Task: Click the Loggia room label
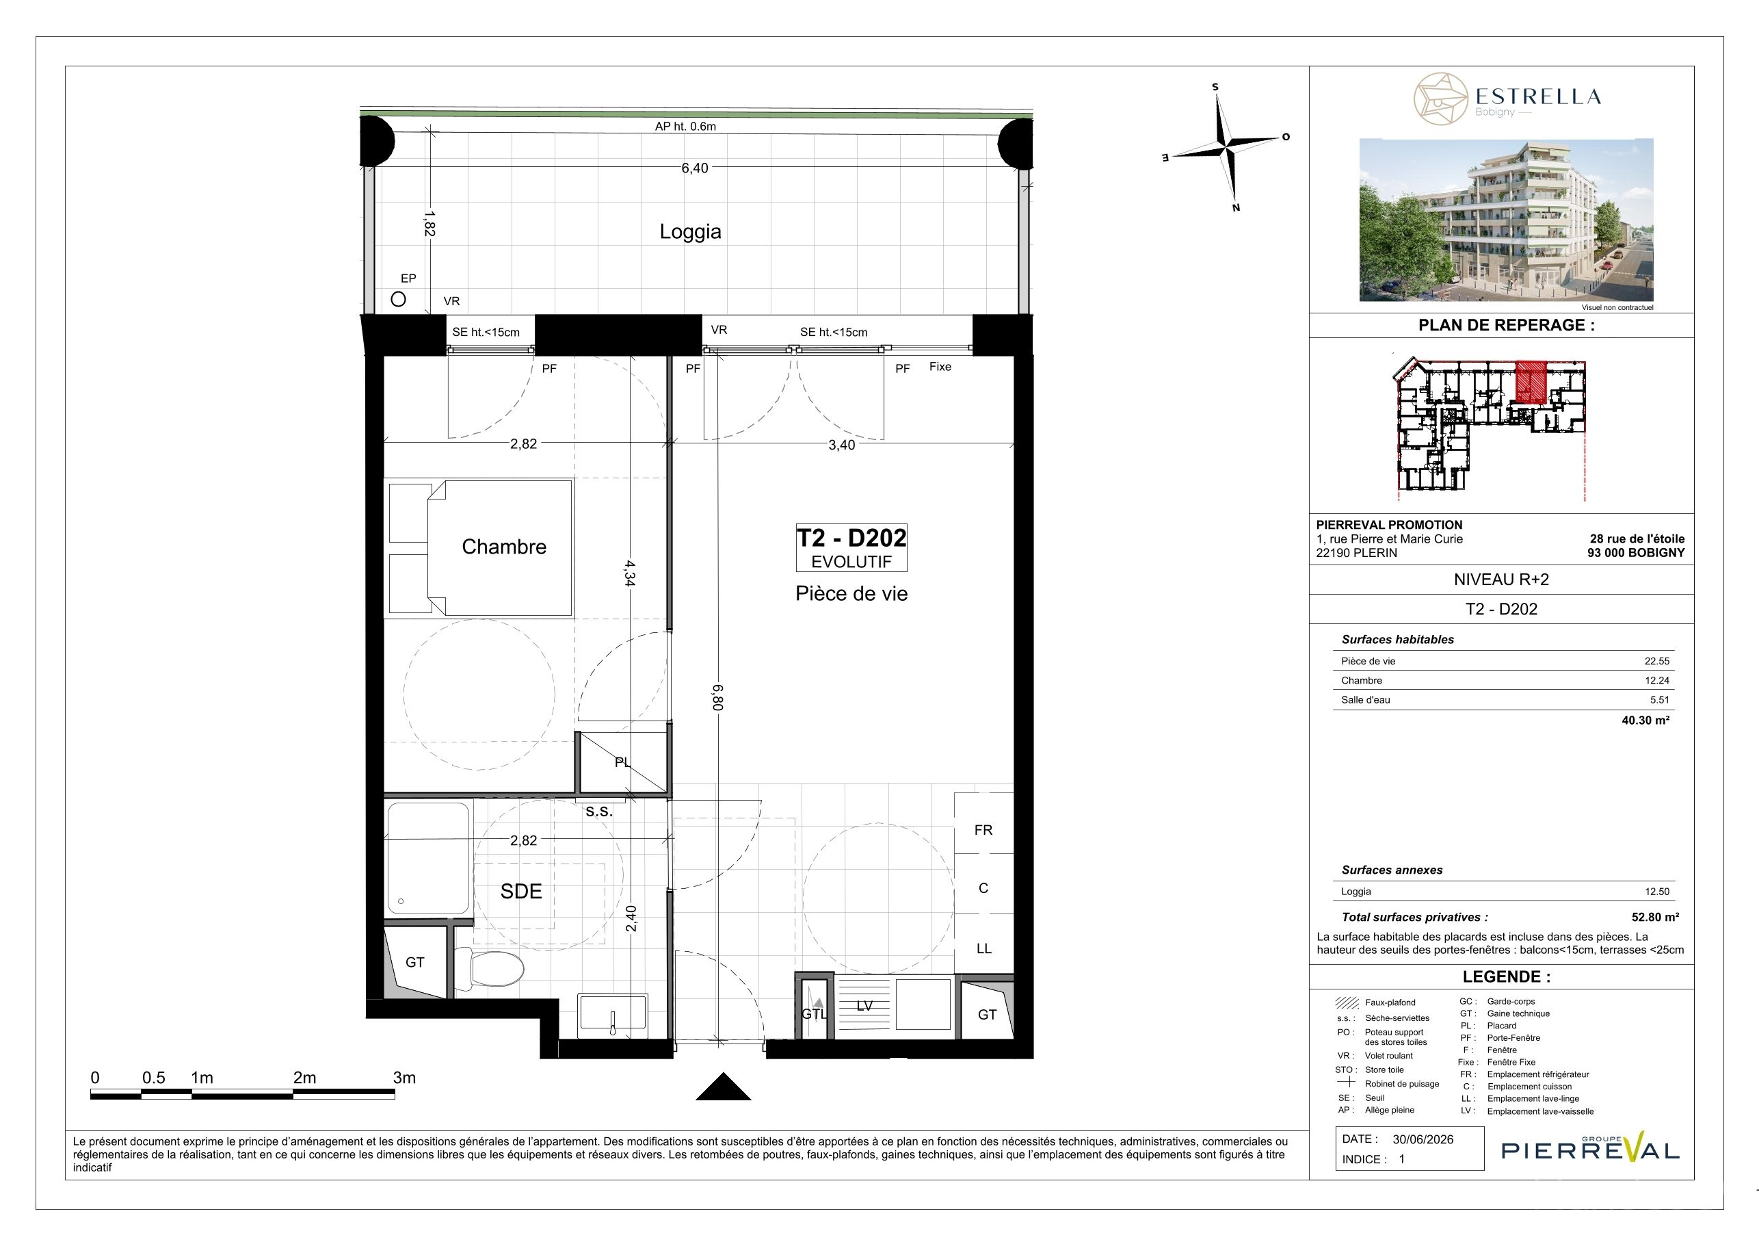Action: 690,231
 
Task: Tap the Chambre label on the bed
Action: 504,547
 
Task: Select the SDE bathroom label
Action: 521,891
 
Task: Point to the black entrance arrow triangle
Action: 722,1087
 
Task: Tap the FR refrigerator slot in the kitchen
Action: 983,829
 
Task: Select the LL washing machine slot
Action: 983,948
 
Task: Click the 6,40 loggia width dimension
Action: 695,168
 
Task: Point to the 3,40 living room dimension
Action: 841,445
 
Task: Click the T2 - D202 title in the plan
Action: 851,538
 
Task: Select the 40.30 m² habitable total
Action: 1645,720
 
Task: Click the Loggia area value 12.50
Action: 1657,892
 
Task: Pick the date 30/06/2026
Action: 1423,1139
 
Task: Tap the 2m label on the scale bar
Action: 304,1078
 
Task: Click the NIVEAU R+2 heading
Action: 1500,580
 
